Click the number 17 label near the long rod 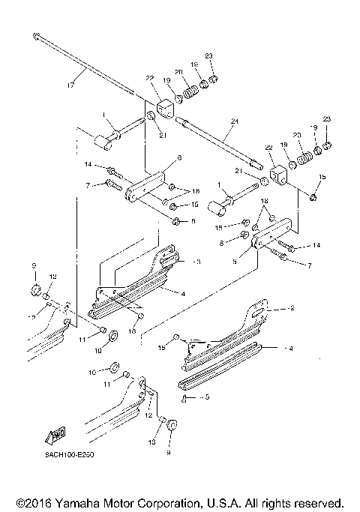click(71, 85)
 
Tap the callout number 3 click(197, 262)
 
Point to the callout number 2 click(292, 308)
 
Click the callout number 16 click(132, 331)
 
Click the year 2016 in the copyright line click(40, 502)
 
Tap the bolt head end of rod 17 click(36, 34)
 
